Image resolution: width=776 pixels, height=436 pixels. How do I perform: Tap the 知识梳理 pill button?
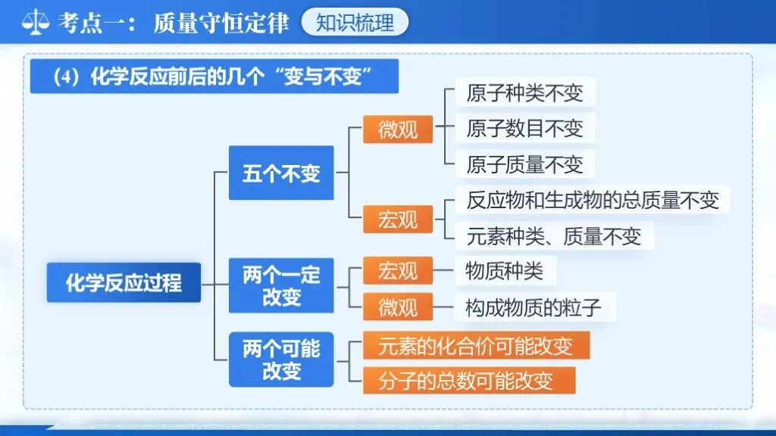pos(355,22)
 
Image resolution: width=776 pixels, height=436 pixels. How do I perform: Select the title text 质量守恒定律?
pos(221,22)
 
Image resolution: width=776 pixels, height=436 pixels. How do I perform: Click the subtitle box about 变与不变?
pos(214,78)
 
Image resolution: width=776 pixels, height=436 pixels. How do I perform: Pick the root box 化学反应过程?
pos(124,282)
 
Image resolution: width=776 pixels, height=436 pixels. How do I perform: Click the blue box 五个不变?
pos(281,173)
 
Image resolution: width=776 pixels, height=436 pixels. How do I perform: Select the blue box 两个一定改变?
pos(281,285)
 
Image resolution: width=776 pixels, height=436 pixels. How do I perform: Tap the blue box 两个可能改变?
pos(281,360)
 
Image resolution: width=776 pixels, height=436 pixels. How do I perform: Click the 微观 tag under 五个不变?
pos(398,129)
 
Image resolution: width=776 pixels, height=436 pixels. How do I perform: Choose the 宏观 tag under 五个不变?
pos(398,219)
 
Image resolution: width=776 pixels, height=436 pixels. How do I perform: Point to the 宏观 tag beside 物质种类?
pos(398,270)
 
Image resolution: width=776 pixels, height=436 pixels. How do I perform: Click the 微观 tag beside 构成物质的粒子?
pos(398,307)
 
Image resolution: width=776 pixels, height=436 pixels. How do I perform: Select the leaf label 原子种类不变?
pos(524,93)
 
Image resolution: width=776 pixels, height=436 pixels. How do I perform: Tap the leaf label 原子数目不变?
pos(524,129)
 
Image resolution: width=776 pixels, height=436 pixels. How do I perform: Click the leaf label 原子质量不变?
pos(524,164)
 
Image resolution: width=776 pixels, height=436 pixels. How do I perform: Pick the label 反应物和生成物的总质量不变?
pos(592,200)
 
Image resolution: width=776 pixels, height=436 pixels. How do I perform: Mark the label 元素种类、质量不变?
pos(554,236)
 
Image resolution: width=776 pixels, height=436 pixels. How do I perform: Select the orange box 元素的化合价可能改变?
pos(476,346)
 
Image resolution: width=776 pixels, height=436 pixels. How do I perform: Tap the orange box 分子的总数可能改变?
pos(468,380)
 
